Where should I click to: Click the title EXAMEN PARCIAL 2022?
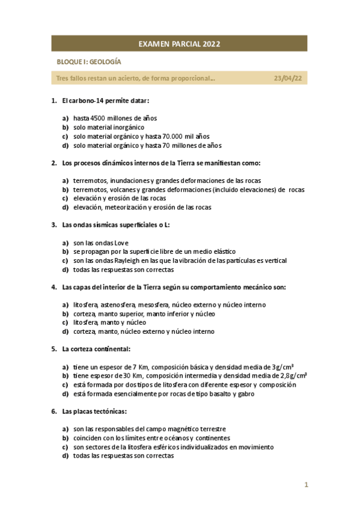179,44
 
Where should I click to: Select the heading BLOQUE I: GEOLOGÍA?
88,62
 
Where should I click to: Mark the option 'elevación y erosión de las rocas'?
120,198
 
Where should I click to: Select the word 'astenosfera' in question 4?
120,305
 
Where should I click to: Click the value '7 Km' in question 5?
138,367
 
